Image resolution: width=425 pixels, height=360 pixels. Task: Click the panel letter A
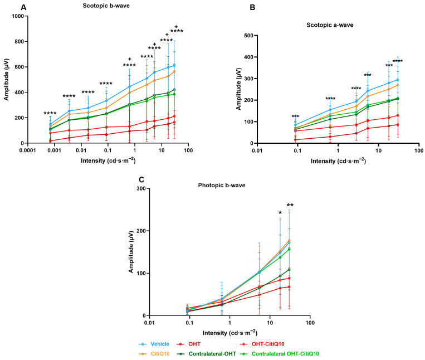click(x=23, y=8)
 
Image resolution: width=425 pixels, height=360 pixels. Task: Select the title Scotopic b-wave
click(x=106, y=6)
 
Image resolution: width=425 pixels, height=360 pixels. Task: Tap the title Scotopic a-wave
click(x=330, y=25)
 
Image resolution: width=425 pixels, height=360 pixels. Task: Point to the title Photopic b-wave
click(x=222, y=186)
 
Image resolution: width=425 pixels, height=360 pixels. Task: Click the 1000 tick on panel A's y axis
click(x=18, y=16)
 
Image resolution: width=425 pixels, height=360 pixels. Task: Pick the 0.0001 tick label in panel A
click(x=28, y=150)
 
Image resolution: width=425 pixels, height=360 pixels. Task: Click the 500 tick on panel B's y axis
click(x=249, y=36)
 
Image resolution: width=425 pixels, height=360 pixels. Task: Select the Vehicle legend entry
click(x=160, y=344)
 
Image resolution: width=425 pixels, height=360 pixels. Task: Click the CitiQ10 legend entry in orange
click(x=160, y=354)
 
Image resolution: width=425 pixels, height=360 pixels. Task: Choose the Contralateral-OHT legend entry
click(x=212, y=354)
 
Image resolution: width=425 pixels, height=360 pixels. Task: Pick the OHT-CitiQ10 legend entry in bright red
click(x=268, y=344)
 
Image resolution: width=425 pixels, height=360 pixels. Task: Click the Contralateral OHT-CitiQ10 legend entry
click(x=285, y=354)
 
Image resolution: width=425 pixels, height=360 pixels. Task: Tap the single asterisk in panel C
click(x=280, y=213)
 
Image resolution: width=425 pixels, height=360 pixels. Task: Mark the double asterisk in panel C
click(x=290, y=205)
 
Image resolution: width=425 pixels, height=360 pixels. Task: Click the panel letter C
click(x=141, y=180)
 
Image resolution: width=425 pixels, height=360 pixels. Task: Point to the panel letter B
click(x=252, y=8)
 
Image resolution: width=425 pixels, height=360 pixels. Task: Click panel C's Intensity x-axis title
click(x=230, y=332)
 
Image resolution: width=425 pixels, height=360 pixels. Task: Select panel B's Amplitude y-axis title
click(x=238, y=89)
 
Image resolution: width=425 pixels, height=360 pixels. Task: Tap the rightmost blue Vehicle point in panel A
click(x=174, y=66)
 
